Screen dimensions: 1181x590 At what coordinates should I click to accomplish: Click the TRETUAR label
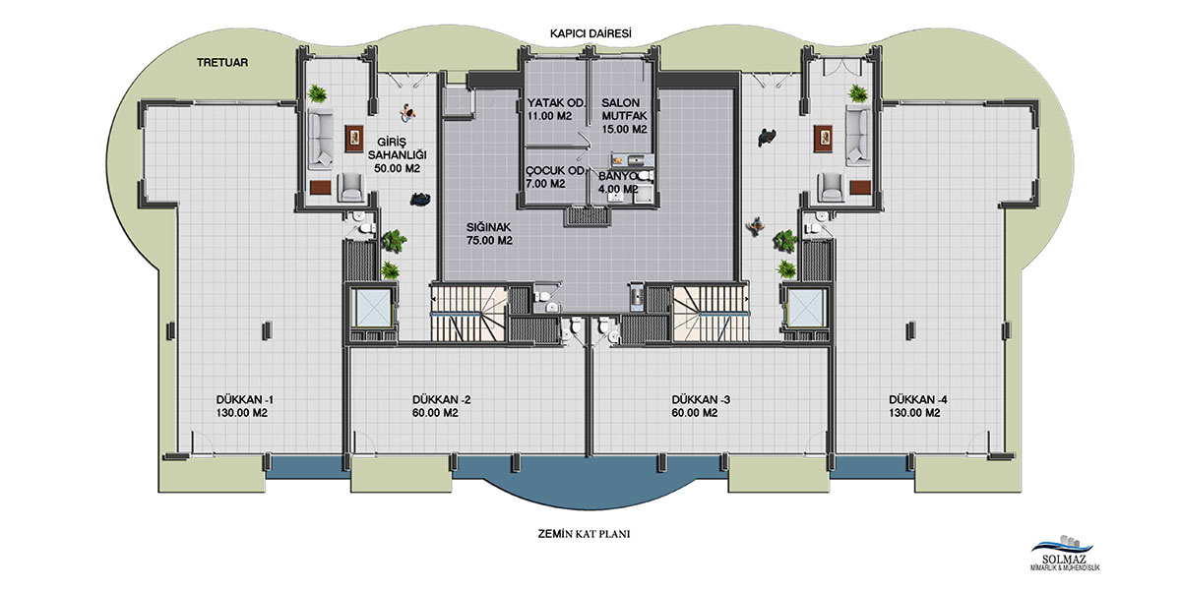(222, 62)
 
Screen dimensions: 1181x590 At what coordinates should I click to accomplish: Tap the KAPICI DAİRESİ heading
(590, 33)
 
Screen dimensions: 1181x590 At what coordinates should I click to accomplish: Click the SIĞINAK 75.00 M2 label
(489, 234)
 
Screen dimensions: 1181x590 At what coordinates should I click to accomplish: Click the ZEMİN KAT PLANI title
(584, 534)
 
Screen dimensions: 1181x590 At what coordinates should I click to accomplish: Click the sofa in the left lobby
(320, 139)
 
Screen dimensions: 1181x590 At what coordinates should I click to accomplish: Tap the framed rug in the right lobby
(823, 139)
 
